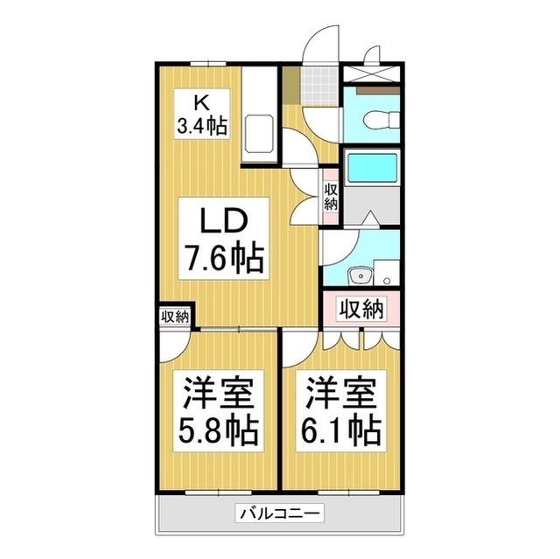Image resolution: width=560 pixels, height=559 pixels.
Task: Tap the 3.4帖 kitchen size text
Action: (x=202, y=125)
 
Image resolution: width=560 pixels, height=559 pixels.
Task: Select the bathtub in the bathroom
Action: (x=373, y=166)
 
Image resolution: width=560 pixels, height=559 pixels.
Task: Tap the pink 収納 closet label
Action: (x=361, y=308)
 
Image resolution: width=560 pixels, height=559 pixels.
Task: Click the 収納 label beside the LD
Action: (x=331, y=196)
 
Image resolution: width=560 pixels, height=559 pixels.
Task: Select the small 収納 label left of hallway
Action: (x=175, y=317)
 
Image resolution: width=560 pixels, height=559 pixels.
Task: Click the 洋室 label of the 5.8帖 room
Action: (x=219, y=392)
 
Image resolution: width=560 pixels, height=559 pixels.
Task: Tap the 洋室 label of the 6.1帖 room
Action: (x=341, y=392)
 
